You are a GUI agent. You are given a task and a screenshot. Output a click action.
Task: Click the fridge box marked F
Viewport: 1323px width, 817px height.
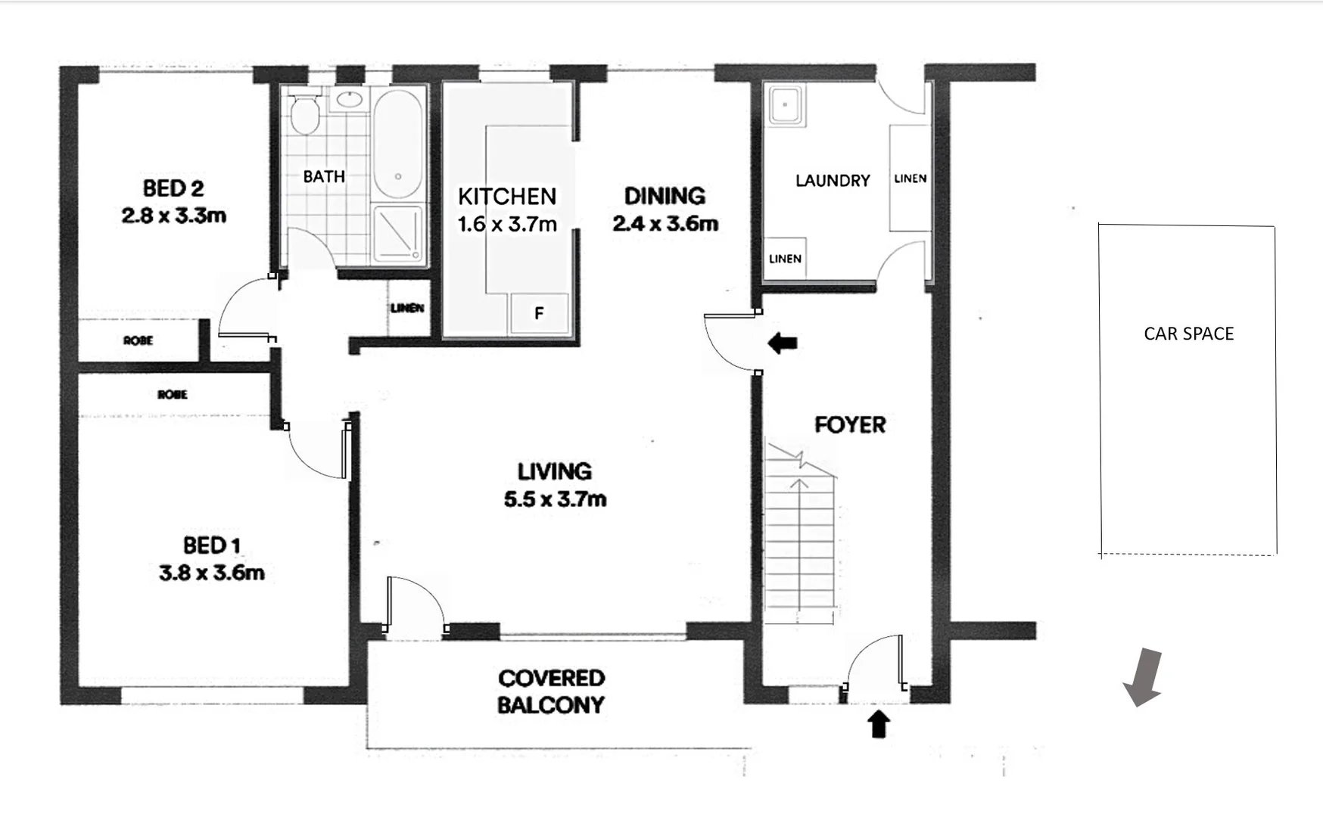pyautogui.click(x=539, y=313)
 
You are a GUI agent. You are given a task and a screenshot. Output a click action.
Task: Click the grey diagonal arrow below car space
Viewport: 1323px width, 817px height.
pyautogui.click(x=1143, y=677)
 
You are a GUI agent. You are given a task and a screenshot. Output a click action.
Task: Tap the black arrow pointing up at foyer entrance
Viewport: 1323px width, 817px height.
pyautogui.click(x=878, y=724)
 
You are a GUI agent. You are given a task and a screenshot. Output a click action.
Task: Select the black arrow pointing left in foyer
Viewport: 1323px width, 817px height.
pyautogui.click(x=783, y=343)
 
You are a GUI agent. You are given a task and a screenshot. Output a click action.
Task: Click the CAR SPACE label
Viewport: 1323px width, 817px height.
pyautogui.click(x=1188, y=334)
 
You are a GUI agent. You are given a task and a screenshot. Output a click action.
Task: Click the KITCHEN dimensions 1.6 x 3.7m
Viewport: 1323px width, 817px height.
pyautogui.click(x=507, y=225)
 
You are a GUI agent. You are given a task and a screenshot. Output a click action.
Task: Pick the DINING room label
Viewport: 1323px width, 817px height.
pyautogui.click(x=665, y=196)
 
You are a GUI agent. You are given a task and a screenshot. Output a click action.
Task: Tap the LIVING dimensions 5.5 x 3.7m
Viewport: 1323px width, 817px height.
pyautogui.click(x=555, y=499)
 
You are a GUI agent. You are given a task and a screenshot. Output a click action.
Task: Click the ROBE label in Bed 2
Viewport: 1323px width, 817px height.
pyautogui.click(x=138, y=341)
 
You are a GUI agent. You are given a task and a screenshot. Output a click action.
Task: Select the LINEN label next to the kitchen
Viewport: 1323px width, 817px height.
pyautogui.click(x=407, y=309)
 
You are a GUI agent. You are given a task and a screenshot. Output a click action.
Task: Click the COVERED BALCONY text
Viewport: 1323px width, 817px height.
pyautogui.click(x=551, y=691)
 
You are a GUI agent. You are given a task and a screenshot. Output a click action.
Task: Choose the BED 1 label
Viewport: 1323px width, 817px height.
pyautogui.click(x=211, y=545)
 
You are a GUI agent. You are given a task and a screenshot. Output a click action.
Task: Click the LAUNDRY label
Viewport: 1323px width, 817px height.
pyautogui.click(x=833, y=181)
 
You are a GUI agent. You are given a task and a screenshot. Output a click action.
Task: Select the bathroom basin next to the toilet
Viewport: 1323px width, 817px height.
pyautogui.click(x=349, y=99)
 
